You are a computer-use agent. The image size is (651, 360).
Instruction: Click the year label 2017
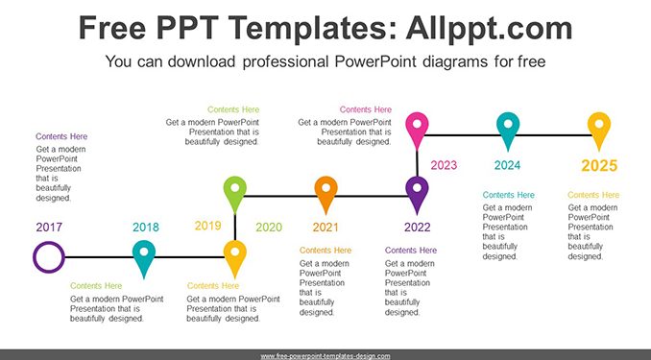click(49, 228)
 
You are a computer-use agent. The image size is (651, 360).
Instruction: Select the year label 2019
click(208, 226)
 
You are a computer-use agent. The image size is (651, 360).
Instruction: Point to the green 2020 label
click(269, 228)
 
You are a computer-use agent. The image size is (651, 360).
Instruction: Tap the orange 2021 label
click(325, 228)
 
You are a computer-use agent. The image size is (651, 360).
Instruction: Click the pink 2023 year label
click(444, 165)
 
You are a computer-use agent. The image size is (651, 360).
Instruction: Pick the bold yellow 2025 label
click(599, 166)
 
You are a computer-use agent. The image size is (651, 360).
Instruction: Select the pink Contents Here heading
click(366, 109)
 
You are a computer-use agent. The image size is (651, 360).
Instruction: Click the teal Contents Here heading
click(509, 195)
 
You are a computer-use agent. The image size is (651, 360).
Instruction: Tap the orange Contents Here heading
click(325, 251)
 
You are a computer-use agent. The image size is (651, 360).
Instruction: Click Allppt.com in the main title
click(489, 28)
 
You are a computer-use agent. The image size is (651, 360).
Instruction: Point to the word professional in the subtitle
click(286, 61)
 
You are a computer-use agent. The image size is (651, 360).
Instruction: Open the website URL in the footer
click(325, 356)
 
